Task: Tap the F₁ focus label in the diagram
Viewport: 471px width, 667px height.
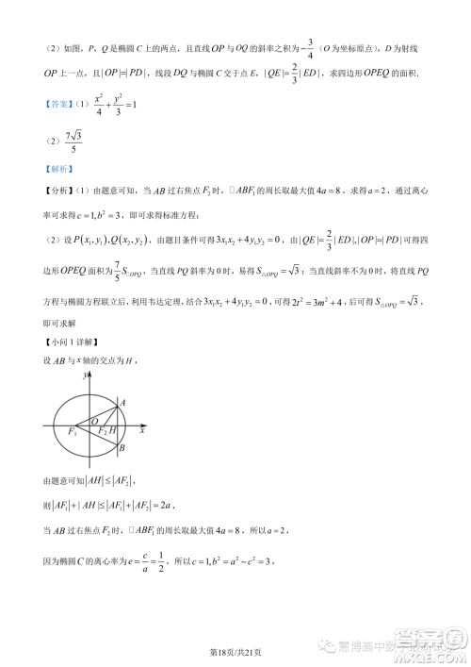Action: (x=73, y=431)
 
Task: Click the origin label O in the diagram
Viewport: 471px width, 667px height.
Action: (x=92, y=420)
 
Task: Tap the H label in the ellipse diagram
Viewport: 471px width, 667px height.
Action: (x=114, y=431)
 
